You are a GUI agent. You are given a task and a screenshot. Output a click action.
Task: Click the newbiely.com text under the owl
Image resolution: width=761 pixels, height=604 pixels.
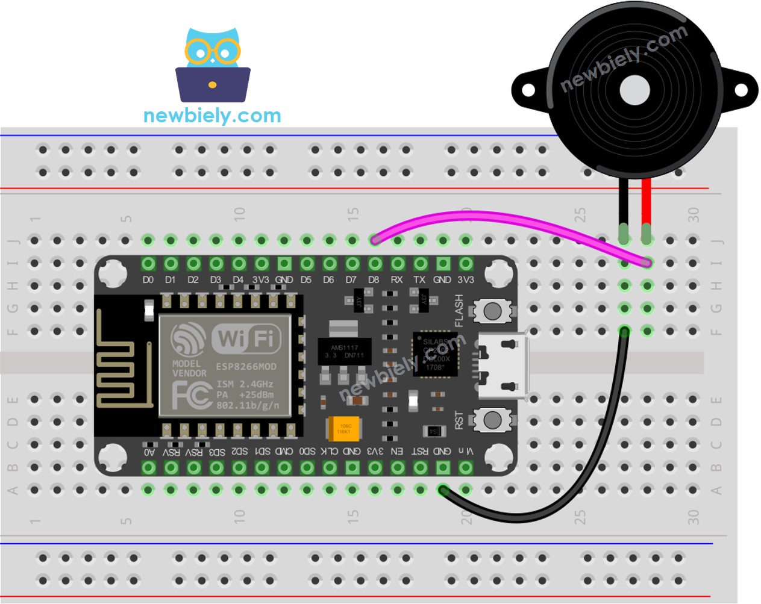tap(212, 115)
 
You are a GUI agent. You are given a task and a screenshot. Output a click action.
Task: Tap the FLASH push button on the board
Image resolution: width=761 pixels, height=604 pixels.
tap(492, 311)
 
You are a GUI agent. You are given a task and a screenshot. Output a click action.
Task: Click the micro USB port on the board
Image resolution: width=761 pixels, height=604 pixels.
tap(503, 366)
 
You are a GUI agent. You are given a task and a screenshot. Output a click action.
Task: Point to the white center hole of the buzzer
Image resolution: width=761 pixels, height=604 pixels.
tap(634, 90)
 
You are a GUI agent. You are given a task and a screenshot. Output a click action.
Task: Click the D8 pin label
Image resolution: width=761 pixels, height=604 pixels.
tap(374, 279)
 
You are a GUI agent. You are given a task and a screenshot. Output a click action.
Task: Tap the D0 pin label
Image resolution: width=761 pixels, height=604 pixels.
tap(148, 279)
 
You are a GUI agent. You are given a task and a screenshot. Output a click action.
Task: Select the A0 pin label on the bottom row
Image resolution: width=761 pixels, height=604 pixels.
tap(149, 452)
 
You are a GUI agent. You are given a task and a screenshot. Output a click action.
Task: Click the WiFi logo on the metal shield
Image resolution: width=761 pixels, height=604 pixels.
tap(246, 339)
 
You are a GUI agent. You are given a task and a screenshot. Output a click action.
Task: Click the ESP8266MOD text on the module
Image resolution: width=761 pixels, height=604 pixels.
tap(246, 366)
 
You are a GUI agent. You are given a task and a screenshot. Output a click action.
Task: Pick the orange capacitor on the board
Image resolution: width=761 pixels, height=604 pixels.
tap(343, 429)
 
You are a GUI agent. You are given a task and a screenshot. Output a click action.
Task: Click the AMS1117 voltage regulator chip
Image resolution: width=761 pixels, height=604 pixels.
tap(344, 350)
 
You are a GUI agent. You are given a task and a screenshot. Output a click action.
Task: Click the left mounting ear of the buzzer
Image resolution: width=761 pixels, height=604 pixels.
tap(528, 90)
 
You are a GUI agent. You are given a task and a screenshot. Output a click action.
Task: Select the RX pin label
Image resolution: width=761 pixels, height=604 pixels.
tap(396, 279)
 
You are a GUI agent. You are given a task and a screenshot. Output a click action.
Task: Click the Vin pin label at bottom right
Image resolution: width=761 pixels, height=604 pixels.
tap(465, 452)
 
